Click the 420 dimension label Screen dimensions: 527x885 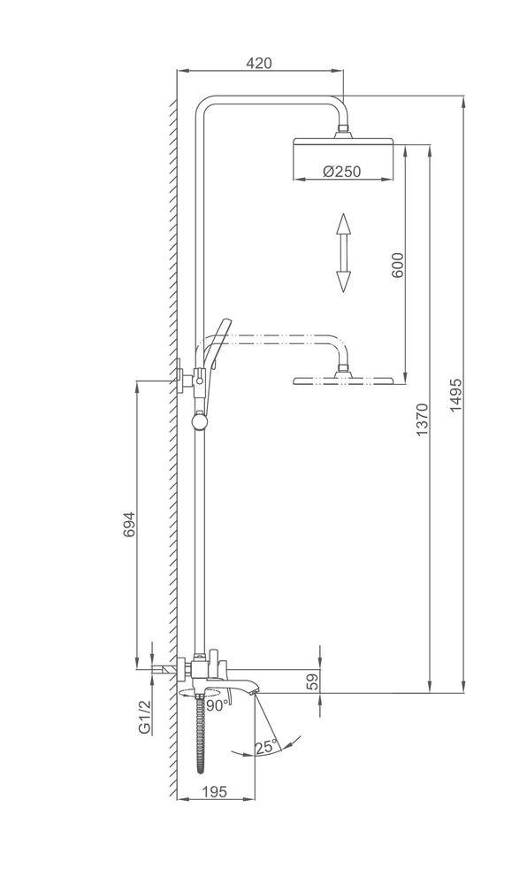pos(259,63)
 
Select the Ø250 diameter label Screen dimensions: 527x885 pos(341,171)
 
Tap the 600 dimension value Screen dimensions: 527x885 pos(397,265)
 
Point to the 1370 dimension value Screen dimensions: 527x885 pos(422,419)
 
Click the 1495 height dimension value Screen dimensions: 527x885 pos(455,395)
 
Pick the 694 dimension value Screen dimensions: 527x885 pos(129,524)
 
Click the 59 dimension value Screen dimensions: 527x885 pos(313,681)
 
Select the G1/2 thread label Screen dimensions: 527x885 pos(144,717)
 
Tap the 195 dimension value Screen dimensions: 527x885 pos(214,792)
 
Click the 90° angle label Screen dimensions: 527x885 pos(218,705)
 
